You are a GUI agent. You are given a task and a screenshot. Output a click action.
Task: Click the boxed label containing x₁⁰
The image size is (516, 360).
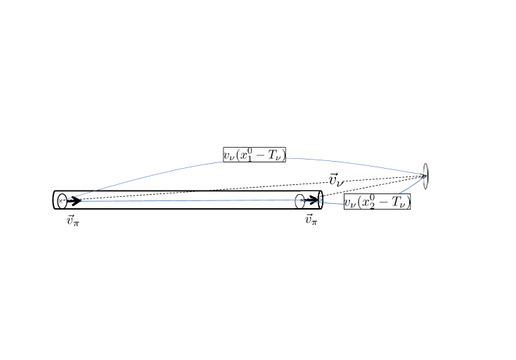coord(254,155)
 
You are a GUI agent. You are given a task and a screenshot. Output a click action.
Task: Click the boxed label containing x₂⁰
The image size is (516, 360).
coord(377,201)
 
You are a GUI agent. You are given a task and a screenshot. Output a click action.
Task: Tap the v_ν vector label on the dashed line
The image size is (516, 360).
coord(336,180)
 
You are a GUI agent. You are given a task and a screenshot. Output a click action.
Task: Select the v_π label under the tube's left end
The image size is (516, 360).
coord(72,220)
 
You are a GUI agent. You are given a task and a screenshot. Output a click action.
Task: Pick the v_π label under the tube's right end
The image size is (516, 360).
coord(311,219)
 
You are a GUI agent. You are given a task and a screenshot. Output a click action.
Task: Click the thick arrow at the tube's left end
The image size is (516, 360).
coord(74,200)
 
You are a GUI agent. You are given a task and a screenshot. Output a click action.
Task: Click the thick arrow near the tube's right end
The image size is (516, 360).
coord(311,199)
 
